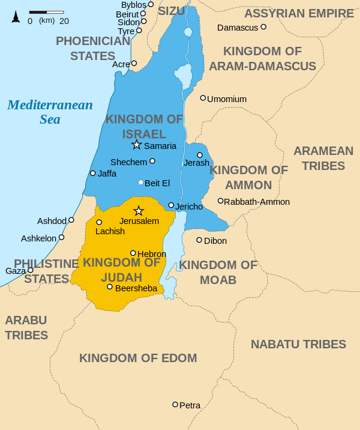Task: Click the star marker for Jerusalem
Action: click(x=139, y=211)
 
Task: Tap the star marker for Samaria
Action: click(x=136, y=145)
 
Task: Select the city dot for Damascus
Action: click(x=263, y=27)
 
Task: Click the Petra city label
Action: click(x=190, y=405)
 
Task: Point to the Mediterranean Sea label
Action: click(x=50, y=112)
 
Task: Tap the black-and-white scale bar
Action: click(x=46, y=12)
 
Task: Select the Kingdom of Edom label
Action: click(x=138, y=359)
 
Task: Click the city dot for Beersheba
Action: click(x=110, y=286)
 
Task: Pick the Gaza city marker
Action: click(x=31, y=270)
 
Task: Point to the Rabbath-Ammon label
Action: click(x=257, y=202)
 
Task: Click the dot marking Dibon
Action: click(x=199, y=240)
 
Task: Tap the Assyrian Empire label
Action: click(x=299, y=13)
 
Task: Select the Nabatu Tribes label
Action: click(x=298, y=344)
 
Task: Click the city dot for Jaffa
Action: click(x=92, y=173)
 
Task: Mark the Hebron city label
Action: click(x=152, y=254)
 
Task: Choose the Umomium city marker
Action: click(x=203, y=98)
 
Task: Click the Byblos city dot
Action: click(x=151, y=4)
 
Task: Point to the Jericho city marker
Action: click(x=171, y=205)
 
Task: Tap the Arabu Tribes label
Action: click(x=26, y=327)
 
